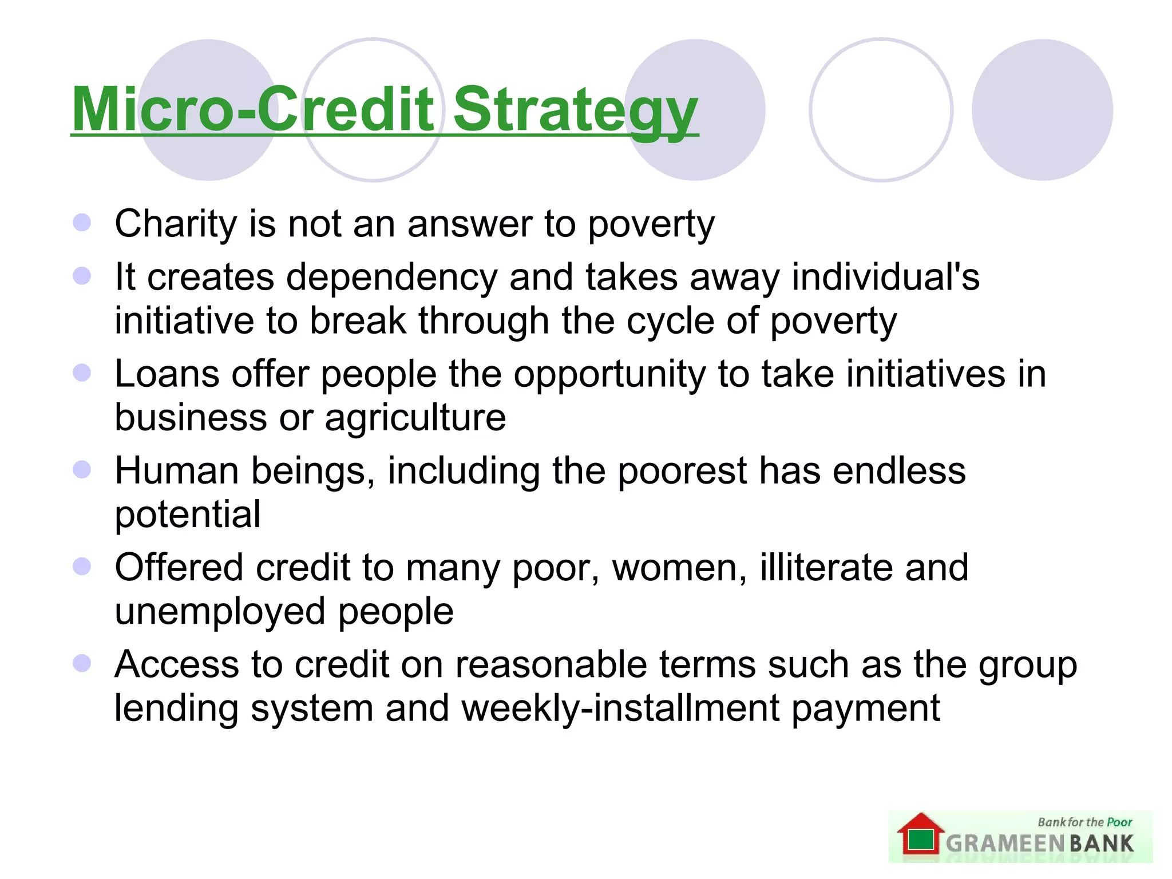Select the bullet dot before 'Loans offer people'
click(82, 373)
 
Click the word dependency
click(391, 278)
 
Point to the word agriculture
click(415, 418)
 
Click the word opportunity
click(609, 375)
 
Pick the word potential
click(188, 514)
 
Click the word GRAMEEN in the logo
click(1004, 844)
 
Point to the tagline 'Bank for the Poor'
click(1084, 822)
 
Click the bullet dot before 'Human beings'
click(82, 470)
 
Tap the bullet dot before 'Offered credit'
click(82, 567)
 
